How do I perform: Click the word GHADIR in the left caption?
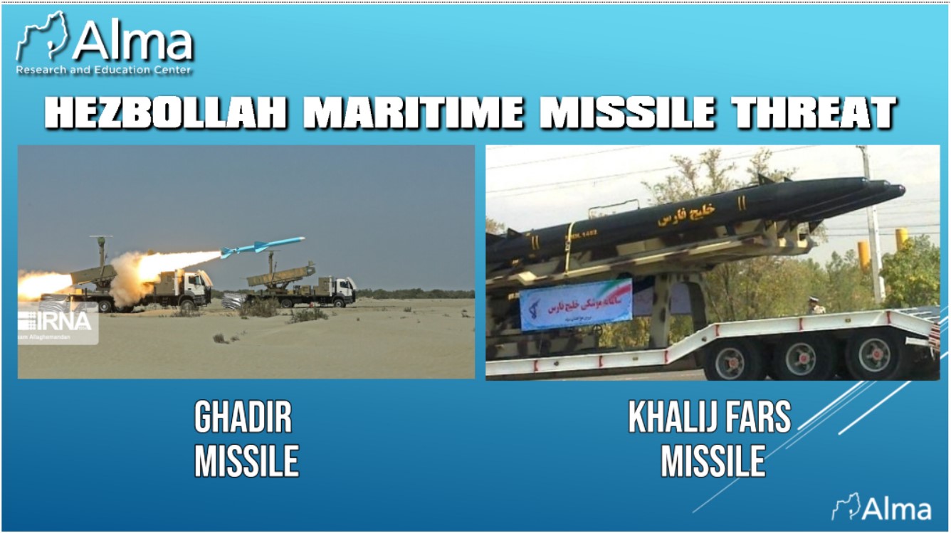pyautogui.click(x=243, y=418)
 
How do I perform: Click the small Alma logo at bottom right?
pyautogui.click(x=883, y=508)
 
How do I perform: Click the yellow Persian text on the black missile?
pyautogui.click(x=686, y=212)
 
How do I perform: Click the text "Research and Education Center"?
pyautogui.click(x=103, y=70)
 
